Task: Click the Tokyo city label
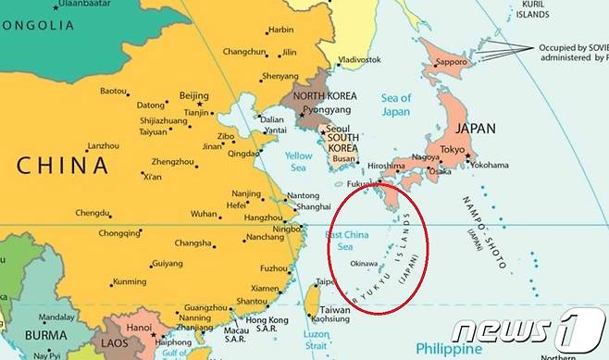[453, 150]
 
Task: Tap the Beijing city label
[194, 95]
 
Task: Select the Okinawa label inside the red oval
[364, 264]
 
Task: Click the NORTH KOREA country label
[324, 96]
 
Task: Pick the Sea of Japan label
[395, 105]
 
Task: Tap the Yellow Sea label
[298, 162]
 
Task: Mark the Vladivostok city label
[361, 59]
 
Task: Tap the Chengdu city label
[93, 213]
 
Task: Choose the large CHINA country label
[63, 166]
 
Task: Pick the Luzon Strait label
[317, 340]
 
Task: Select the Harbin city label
[280, 30]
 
